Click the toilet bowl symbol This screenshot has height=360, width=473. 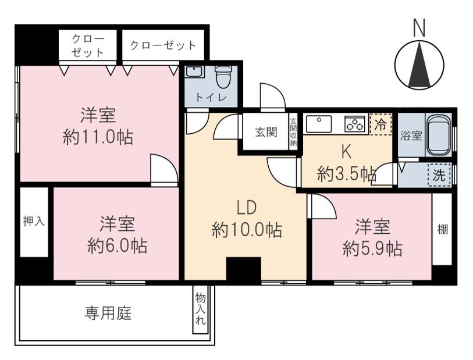click(223, 76)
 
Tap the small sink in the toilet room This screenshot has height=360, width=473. click(194, 72)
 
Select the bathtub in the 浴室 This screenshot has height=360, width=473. click(438, 135)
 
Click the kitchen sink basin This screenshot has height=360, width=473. click(319, 124)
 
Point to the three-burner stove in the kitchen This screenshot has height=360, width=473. click(355, 124)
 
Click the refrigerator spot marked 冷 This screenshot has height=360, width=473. click(380, 124)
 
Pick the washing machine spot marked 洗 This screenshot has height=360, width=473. click(439, 175)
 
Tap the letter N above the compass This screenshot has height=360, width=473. click(419, 28)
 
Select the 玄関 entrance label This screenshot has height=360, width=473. click(266, 132)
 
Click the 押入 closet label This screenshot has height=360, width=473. click(34, 222)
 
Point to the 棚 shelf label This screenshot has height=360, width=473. click(443, 230)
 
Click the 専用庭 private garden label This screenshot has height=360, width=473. click(108, 313)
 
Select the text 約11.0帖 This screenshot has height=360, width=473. click(98, 137)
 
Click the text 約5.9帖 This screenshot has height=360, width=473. click(372, 249)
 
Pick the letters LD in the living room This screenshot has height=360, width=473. click(247, 208)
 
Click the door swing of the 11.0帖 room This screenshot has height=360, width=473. click(164, 168)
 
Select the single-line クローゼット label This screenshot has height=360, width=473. click(163, 45)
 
